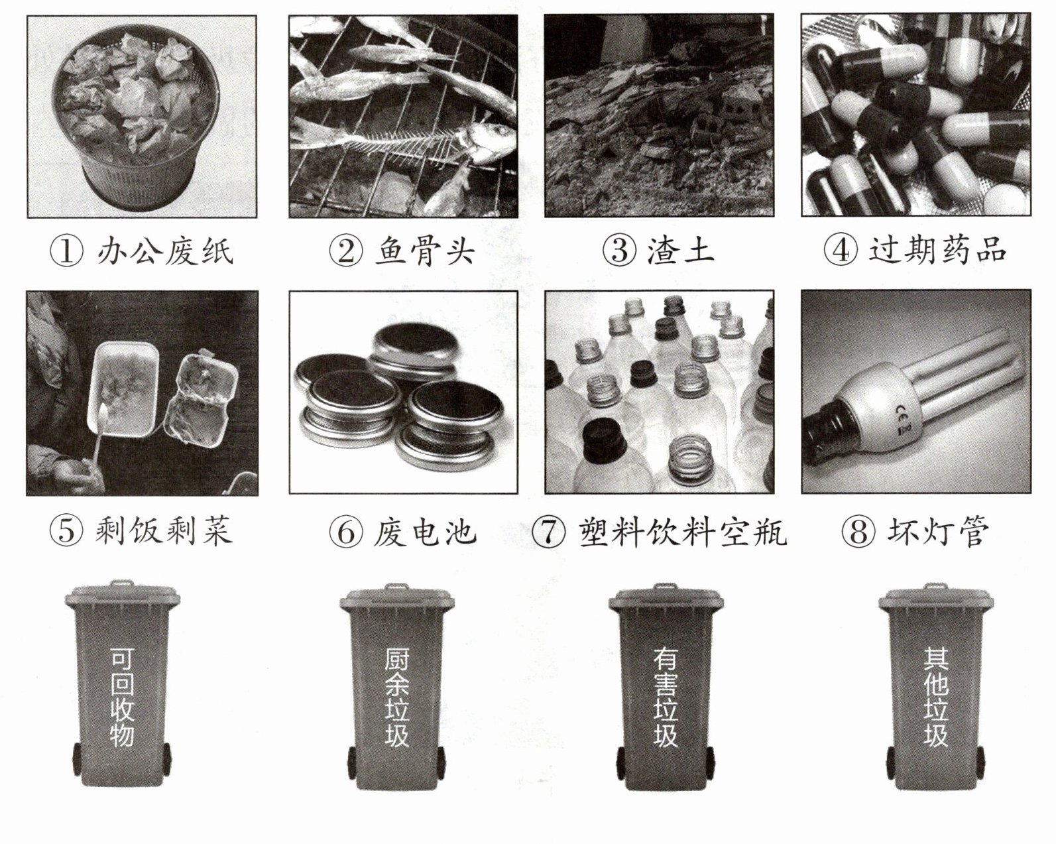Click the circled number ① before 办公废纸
click(67, 251)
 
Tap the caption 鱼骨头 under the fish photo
click(425, 251)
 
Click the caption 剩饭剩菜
click(164, 531)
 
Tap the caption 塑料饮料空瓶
click(683, 531)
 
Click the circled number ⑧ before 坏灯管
click(858, 531)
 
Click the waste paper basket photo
click(141, 117)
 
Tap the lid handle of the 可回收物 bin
click(121, 584)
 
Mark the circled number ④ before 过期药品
click(841, 250)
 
